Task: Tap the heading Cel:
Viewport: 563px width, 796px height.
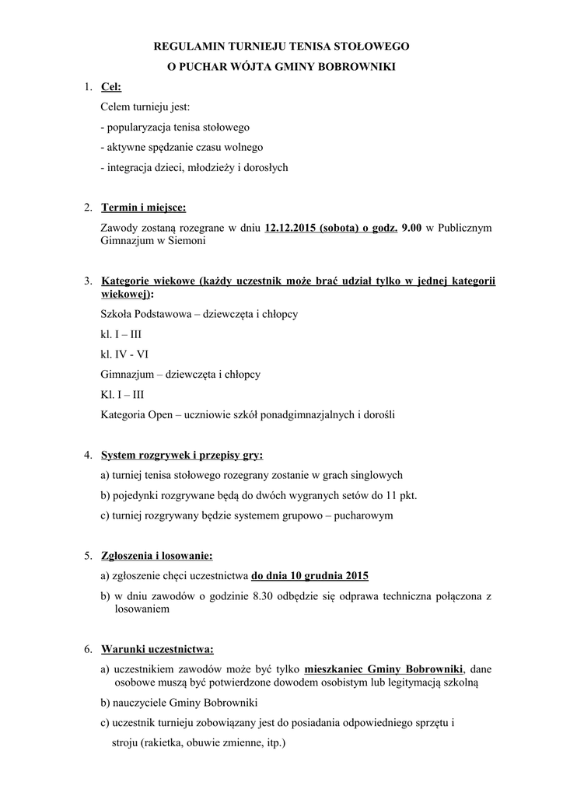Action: coord(111,87)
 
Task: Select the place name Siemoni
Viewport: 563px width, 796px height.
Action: coord(191,241)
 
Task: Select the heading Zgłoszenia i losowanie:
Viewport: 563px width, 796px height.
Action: coord(156,556)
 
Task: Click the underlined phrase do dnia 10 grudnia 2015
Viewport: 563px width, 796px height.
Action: coord(309,576)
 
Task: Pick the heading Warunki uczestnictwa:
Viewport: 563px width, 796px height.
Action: coord(157,649)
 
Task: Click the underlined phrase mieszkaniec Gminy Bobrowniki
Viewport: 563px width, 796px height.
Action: coord(384,669)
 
